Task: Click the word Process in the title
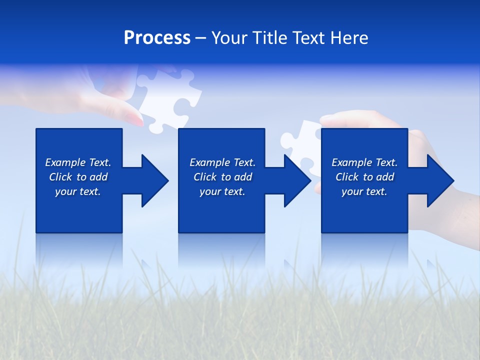[x=157, y=38]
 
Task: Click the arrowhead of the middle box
[x=297, y=180]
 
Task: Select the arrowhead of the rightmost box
[x=440, y=180]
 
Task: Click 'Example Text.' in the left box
[x=78, y=162]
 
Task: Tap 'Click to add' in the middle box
[x=222, y=177]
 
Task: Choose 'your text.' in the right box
[x=364, y=191]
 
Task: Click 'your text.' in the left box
[x=78, y=191]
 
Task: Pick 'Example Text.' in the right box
[x=364, y=162]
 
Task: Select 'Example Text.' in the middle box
[x=222, y=162]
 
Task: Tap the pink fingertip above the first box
[x=135, y=118]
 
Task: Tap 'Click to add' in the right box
[x=364, y=177]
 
